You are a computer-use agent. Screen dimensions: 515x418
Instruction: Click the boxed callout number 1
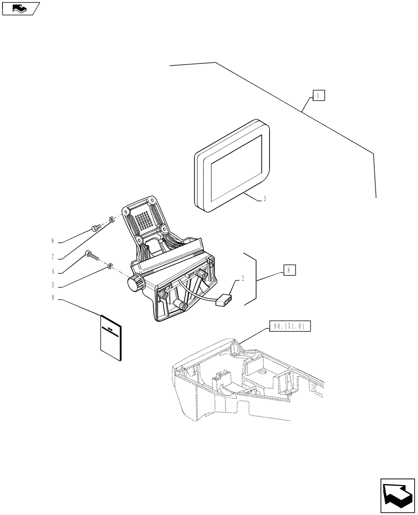pos(319,95)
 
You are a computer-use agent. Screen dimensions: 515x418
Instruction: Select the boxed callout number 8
pos(289,269)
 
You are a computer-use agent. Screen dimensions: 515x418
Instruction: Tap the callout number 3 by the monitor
pos(265,199)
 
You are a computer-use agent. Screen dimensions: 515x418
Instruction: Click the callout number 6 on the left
pos(53,241)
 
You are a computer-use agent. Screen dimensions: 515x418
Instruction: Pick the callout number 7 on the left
pos(53,256)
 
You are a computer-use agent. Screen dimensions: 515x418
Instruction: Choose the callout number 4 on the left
pos(53,271)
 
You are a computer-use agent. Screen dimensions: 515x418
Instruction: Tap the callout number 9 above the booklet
pos(53,298)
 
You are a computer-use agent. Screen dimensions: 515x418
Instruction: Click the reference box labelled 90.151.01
pos(290,327)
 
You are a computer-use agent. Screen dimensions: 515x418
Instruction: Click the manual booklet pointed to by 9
pos(111,338)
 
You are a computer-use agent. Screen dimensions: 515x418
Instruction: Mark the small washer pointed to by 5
pos(110,266)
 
